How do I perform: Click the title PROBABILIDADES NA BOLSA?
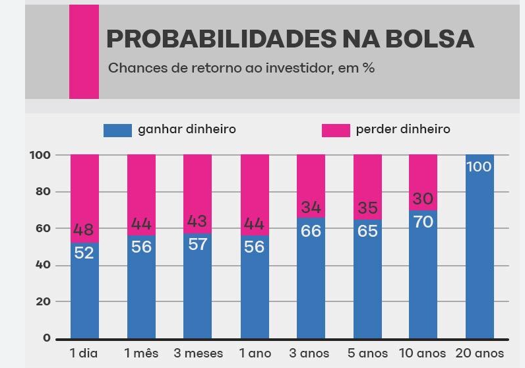pyautogui.click(x=290, y=40)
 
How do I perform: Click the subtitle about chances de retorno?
pyautogui.click(x=241, y=68)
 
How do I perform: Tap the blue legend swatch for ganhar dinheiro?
pyautogui.click(x=117, y=130)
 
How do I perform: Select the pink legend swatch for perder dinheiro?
pyautogui.click(x=335, y=130)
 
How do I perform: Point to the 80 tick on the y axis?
pyautogui.click(x=42, y=192)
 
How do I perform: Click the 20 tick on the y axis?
pyautogui.click(x=42, y=301)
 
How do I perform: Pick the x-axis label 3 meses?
pyautogui.click(x=198, y=353)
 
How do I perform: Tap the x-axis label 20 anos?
pyautogui.click(x=479, y=353)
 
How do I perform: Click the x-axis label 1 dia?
pyautogui.click(x=84, y=353)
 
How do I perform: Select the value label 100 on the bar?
pyautogui.click(x=479, y=167)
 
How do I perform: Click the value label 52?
pyautogui.click(x=84, y=253)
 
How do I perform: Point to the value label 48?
pyautogui.click(x=84, y=230)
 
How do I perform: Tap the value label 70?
pyautogui.click(x=423, y=222)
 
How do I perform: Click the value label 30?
pyautogui.click(x=423, y=199)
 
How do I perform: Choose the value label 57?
pyautogui.click(x=197, y=244)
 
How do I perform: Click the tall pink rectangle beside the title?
pyautogui.click(x=84, y=51)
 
